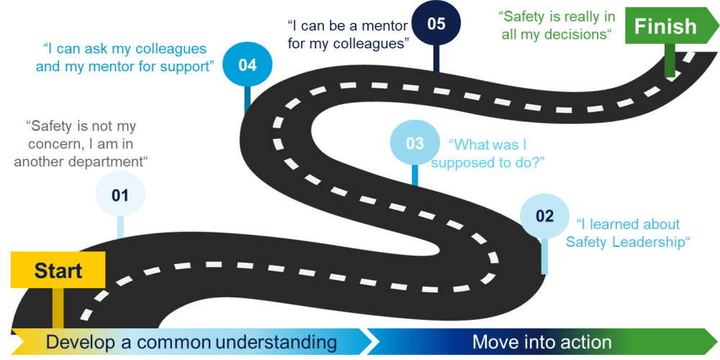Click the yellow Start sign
point(58,271)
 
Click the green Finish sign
point(665,27)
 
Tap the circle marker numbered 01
point(120,194)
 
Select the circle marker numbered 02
point(545,216)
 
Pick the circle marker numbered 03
point(415,143)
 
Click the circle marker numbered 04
point(247,65)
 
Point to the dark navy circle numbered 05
point(436,24)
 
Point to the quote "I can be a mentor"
point(348,34)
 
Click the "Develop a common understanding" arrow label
point(192,342)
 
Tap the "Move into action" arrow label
point(541,342)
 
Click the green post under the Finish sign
point(670,61)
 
